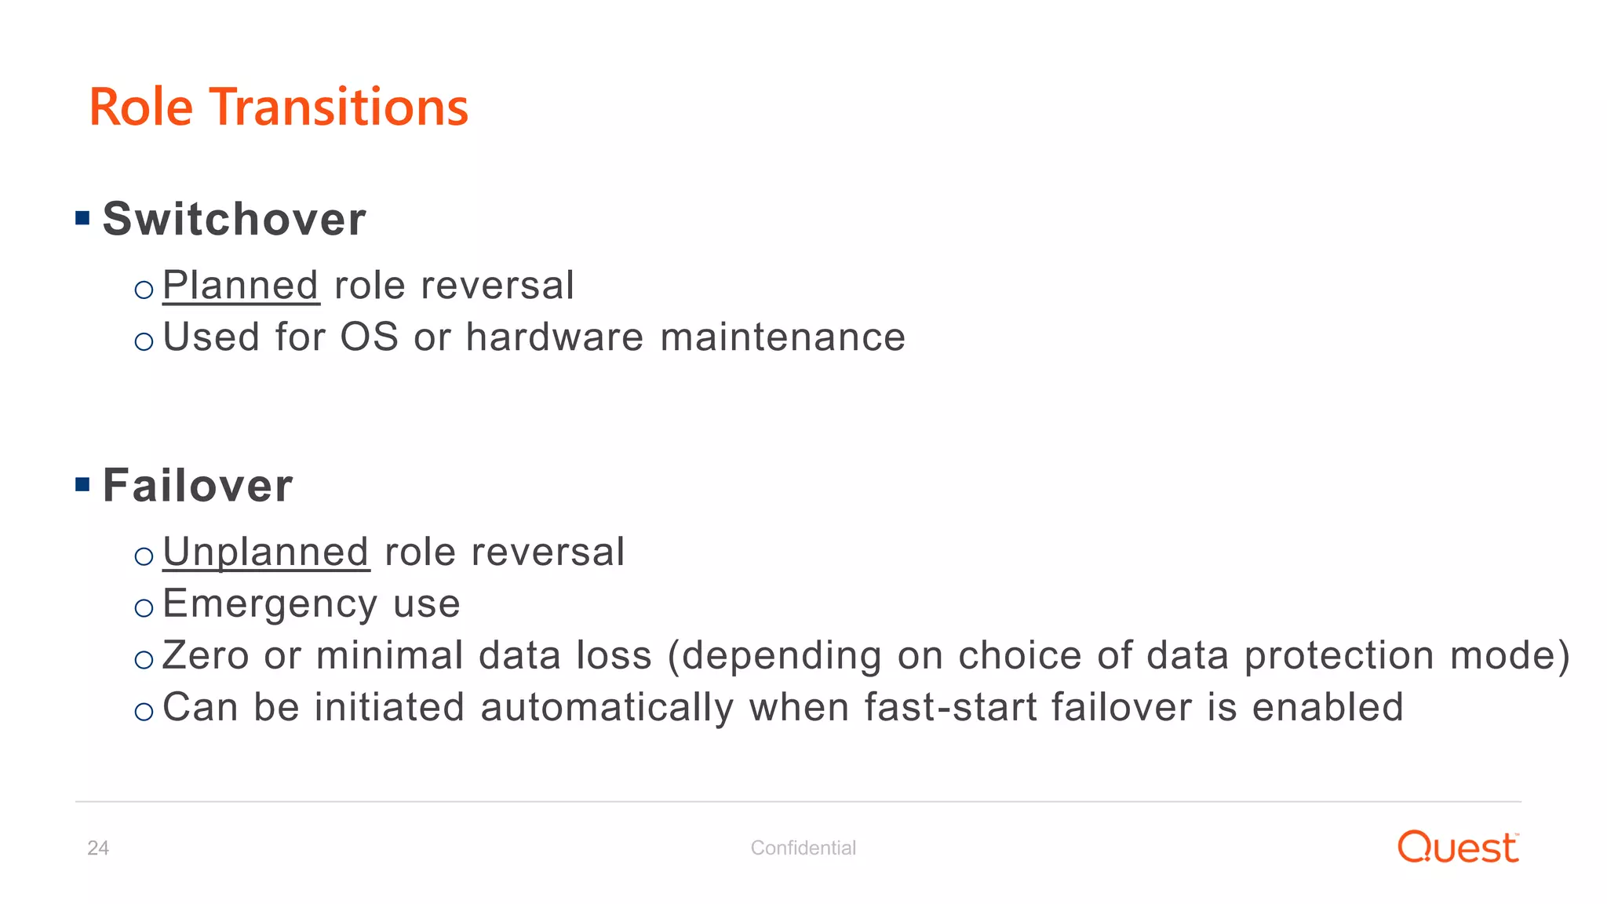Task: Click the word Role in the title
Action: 141,108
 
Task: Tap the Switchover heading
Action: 234,219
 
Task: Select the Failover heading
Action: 198,486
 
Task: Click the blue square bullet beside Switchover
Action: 82,218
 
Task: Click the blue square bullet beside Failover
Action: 82,484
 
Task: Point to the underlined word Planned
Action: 240,286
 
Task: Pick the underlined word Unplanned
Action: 266,552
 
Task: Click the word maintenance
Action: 782,337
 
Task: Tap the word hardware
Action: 554,337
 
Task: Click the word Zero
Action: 206,656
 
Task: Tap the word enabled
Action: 1327,707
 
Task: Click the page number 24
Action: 98,848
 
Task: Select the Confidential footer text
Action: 803,848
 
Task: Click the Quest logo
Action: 1457,847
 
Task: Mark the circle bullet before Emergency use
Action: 144,608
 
